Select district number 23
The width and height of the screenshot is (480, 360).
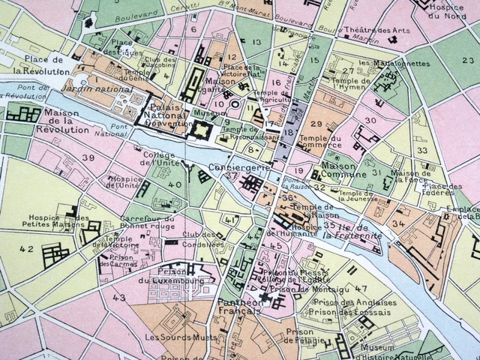[x=468, y=59]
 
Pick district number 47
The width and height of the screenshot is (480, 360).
[x=361, y=289]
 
